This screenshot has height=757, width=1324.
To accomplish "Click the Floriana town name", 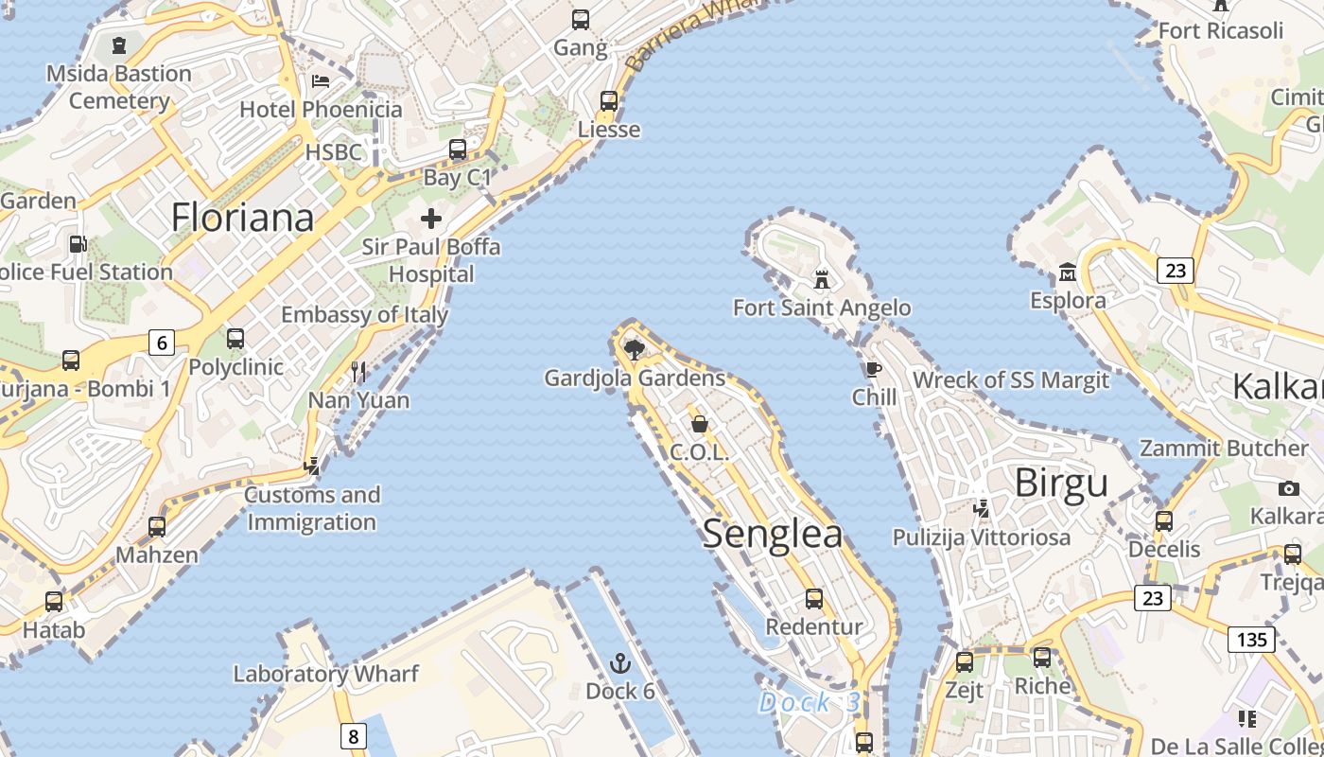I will point(242,218).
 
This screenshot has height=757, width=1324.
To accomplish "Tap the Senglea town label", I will point(772,535).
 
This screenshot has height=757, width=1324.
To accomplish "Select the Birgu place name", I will point(1061,483).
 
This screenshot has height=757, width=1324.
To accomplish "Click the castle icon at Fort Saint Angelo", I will point(822,280).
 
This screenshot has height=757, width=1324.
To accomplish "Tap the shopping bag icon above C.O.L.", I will point(700,424).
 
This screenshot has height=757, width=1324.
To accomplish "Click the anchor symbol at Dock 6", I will point(620,663).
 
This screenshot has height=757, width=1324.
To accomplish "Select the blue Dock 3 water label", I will point(810,703).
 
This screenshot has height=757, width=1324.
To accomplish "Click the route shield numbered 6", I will point(162,343).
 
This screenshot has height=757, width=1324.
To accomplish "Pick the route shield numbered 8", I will point(353,736).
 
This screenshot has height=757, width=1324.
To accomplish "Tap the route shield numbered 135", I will point(1251,640).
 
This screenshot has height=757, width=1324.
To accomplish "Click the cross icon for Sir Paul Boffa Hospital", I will point(431,220).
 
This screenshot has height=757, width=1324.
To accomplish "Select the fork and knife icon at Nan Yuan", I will point(358,372).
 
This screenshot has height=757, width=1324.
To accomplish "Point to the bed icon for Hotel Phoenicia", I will point(321,81).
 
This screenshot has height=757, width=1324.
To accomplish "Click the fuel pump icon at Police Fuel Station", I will point(78,244).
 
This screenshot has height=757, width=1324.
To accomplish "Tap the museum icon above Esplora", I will point(1068,273).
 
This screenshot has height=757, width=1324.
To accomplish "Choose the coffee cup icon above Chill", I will point(873,369).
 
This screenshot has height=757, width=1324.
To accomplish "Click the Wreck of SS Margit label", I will point(1010,380).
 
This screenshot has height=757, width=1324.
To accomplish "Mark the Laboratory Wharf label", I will point(325,674).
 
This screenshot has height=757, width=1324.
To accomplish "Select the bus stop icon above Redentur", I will point(813,599).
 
